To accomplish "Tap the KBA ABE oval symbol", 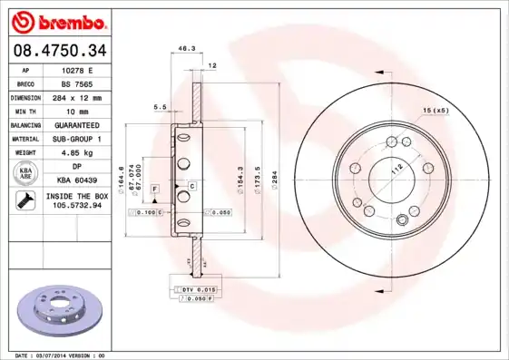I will pos(26,173).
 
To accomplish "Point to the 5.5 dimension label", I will pos(161,107).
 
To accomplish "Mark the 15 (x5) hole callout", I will pos(435,111).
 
